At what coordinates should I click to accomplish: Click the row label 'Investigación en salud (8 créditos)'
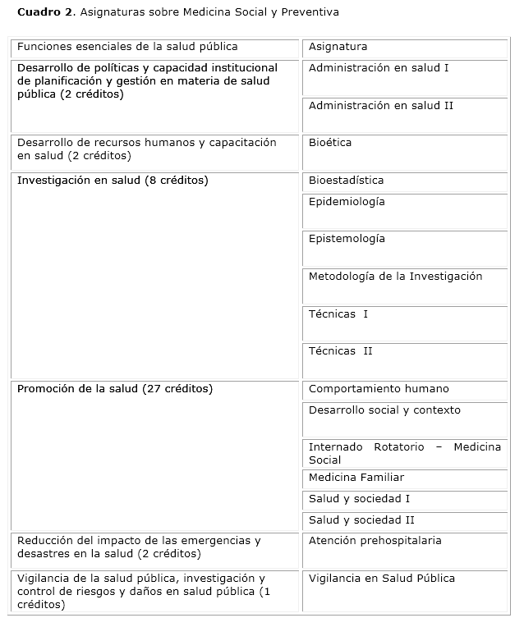point(113,181)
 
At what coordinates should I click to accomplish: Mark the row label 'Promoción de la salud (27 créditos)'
point(115,389)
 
